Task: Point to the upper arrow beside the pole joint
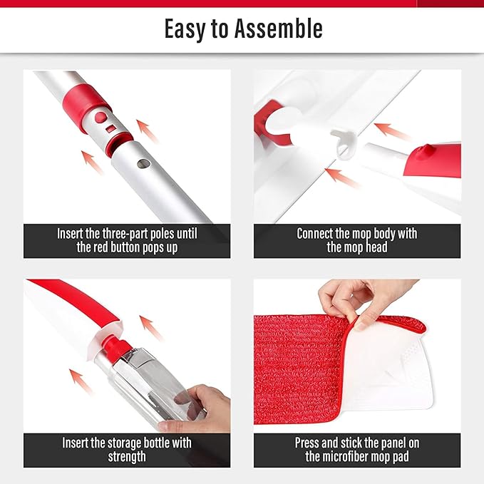(148, 130)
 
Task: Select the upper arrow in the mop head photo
(393, 131)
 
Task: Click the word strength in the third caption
(126, 456)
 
